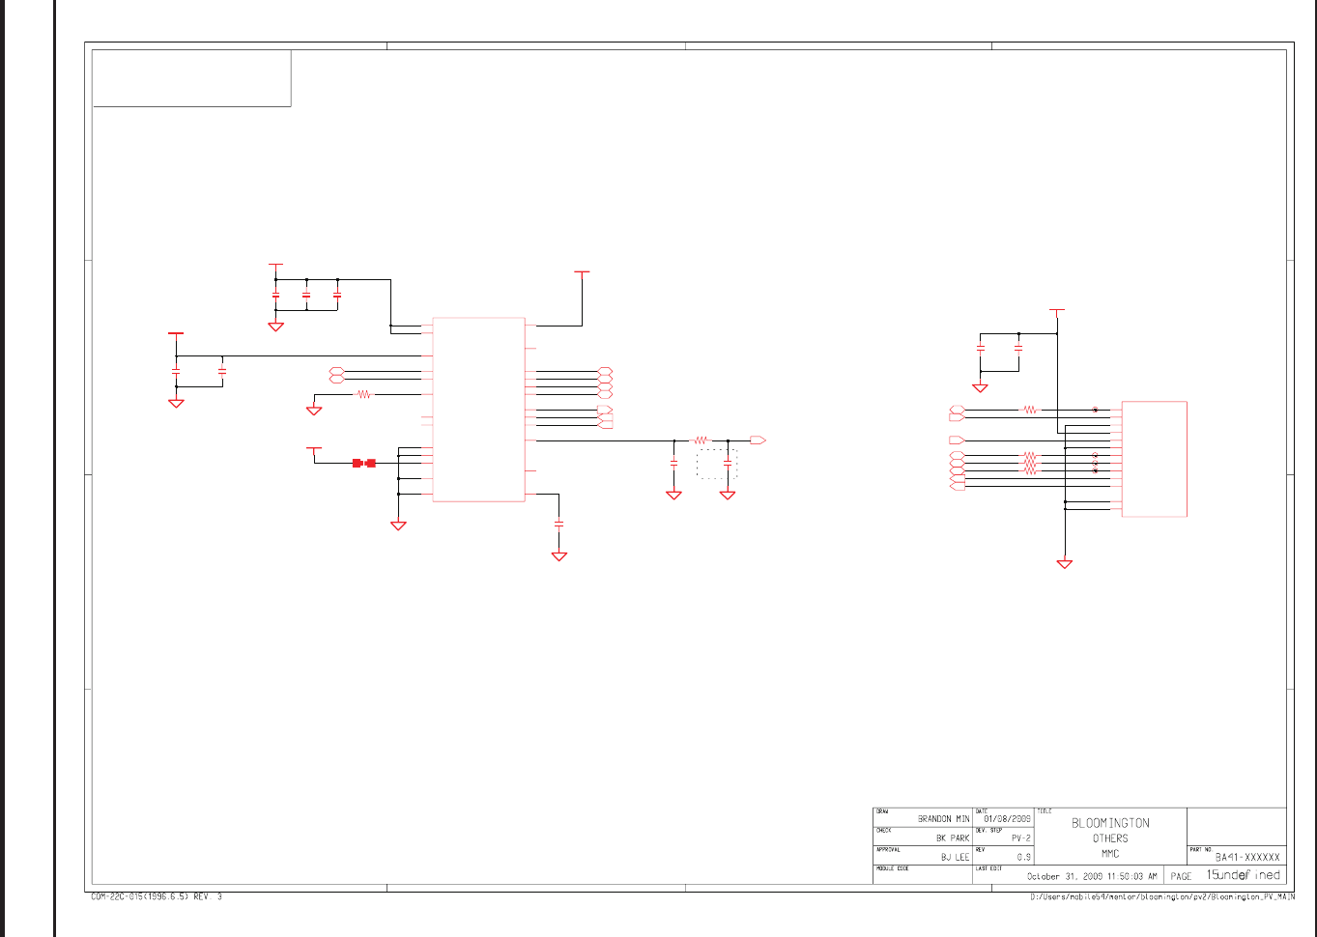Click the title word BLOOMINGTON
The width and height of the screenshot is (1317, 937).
tap(1110, 823)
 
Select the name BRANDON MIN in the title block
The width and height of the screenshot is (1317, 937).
tap(943, 818)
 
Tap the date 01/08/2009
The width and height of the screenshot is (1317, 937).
tap(1007, 818)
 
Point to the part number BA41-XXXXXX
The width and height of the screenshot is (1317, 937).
tap(1247, 857)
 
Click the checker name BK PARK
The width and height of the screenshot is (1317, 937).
tap(952, 838)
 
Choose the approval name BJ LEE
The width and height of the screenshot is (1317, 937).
tap(955, 857)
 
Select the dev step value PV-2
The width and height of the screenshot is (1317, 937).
tap(1020, 838)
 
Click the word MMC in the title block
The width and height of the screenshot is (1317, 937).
tap(1110, 853)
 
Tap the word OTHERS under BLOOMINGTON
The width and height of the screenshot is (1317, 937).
tap(1110, 838)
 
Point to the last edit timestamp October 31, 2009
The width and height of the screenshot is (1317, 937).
tap(1091, 876)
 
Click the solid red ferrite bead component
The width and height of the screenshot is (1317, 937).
tap(364, 463)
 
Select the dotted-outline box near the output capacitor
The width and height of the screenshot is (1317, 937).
tap(717, 464)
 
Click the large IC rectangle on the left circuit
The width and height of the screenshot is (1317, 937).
tap(478, 410)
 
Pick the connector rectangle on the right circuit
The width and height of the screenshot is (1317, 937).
tap(1154, 459)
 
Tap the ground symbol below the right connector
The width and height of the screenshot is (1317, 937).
tap(1065, 563)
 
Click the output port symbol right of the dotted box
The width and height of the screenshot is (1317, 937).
tap(758, 440)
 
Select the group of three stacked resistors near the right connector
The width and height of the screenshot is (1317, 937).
tap(1030, 463)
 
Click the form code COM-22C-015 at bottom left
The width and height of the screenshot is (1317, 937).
tap(156, 896)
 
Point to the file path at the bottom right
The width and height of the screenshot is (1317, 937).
tap(1162, 897)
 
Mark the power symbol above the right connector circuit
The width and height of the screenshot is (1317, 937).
tap(1057, 311)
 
